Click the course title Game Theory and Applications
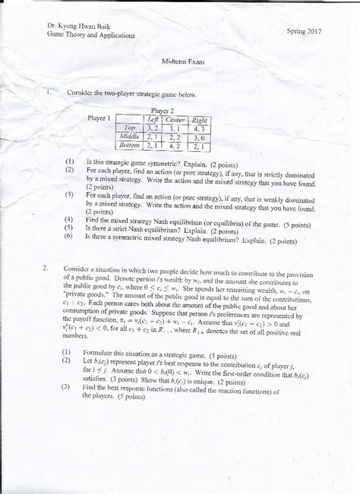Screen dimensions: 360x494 tap(90, 36)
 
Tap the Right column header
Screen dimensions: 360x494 tap(201, 120)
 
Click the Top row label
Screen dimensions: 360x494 tap(130, 128)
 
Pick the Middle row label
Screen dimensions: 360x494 tap(130, 137)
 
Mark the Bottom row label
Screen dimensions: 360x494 tap(130, 145)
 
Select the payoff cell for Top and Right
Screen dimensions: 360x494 tap(201, 128)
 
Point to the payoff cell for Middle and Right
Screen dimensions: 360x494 tap(201, 137)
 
